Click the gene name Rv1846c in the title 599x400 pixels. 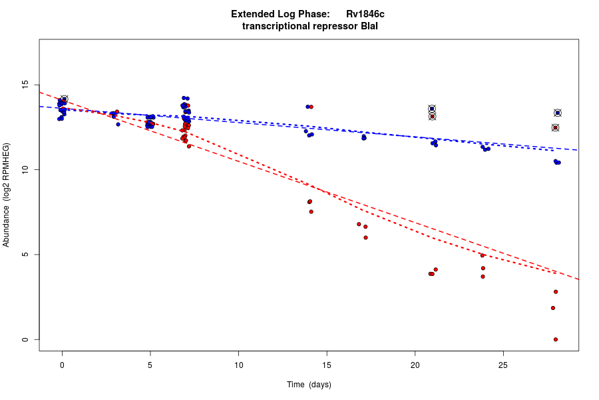[365, 14]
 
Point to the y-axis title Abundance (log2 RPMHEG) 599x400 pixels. [6, 195]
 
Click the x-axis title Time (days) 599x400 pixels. [309, 385]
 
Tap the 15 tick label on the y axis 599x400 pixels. [25, 85]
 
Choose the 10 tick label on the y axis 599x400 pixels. [25, 170]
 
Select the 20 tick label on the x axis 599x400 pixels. [415, 365]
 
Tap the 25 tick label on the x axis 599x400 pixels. [503, 365]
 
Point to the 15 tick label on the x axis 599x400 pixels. [327, 365]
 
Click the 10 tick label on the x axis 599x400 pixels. [238, 365]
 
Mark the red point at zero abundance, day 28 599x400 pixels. [556, 339]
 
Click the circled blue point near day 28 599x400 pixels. [558, 113]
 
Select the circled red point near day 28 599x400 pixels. [555, 127]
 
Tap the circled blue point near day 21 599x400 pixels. [432, 109]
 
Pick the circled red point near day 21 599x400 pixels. [432, 117]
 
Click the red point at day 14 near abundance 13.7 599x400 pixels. [311, 107]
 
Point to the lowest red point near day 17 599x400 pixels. [365, 237]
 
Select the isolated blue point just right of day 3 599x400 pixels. [118, 124]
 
